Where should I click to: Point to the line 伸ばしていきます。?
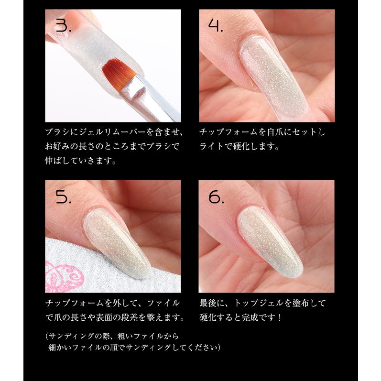pos(81,161)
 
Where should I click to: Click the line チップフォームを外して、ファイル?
pos(112,303)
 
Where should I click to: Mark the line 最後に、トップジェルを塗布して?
pos(262,303)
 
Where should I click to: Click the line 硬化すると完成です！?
pos(248,318)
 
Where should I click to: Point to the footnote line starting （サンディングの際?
pos(112,336)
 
